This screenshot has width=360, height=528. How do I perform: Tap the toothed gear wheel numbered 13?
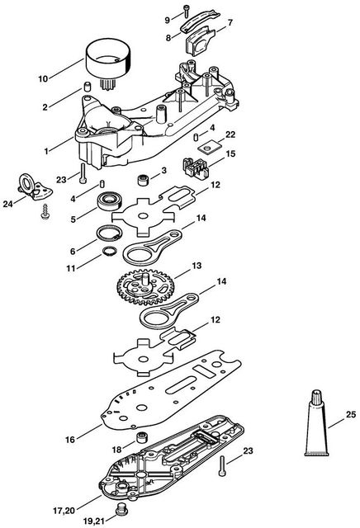(145, 287)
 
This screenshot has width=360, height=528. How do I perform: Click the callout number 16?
(70, 440)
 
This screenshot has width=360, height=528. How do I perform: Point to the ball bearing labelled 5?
(110, 200)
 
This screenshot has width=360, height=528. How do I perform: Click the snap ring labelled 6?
(109, 233)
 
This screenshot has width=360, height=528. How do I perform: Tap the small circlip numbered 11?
(110, 252)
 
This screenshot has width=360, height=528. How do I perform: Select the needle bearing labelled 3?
(143, 180)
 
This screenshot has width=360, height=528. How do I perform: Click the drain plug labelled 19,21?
(121, 511)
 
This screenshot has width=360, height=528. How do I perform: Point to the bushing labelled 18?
(142, 438)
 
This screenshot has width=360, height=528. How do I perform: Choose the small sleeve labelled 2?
(88, 87)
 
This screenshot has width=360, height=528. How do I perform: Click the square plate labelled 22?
(210, 147)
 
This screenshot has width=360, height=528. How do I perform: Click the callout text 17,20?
(64, 511)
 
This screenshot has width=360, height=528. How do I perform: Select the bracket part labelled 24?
(36, 188)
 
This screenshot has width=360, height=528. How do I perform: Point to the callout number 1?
(46, 151)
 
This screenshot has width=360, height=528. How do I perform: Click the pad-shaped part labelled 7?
(200, 42)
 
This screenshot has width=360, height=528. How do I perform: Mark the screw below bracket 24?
(45, 211)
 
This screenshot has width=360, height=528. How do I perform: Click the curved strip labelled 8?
(200, 21)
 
